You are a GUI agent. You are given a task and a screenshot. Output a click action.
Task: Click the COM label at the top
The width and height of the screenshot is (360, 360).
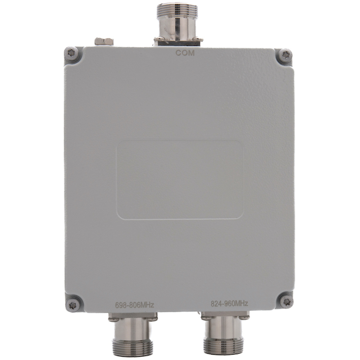[x=185, y=53]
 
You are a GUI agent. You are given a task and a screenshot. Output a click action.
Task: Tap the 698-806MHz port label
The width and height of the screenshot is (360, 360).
[x=134, y=305]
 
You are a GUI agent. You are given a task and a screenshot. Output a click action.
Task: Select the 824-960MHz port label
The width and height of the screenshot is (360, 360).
[x=229, y=304]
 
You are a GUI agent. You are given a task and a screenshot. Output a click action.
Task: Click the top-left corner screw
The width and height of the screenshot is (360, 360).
[x=72, y=53]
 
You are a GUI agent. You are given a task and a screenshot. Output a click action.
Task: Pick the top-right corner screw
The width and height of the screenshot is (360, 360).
[x=285, y=55]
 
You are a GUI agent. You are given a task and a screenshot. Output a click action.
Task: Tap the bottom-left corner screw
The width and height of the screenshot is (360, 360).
[x=72, y=306]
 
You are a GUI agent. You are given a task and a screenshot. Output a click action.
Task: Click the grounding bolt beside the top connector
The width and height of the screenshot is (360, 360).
[x=104, y=41]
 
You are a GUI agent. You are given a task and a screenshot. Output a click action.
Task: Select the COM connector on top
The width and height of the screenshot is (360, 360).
[x=177, y=24]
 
